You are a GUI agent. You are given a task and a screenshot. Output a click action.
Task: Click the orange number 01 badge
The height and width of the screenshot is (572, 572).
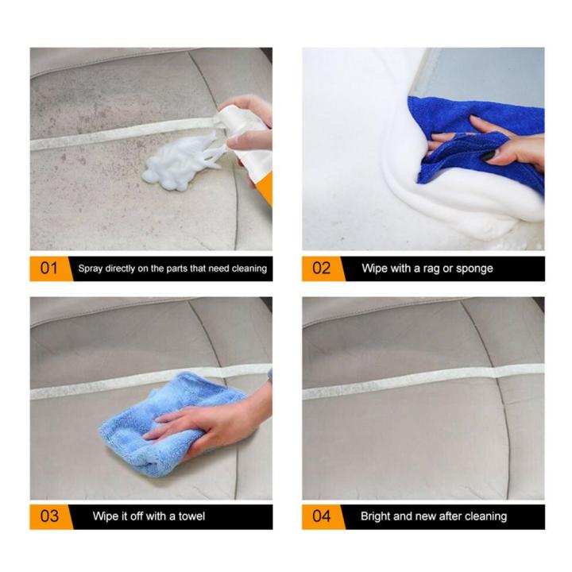coord(48,268)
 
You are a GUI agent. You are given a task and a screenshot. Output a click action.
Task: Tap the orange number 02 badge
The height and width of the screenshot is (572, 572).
coord(321,268)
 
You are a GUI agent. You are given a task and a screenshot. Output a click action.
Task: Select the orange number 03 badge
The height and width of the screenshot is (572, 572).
coord(48,516)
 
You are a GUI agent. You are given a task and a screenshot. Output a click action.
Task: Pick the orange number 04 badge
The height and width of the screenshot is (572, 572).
coord(321,516)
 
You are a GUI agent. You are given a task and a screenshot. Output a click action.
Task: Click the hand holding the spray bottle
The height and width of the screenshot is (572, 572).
coord(250,127)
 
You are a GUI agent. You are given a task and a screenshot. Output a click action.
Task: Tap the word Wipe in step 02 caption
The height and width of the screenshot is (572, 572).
coord(375,269)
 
